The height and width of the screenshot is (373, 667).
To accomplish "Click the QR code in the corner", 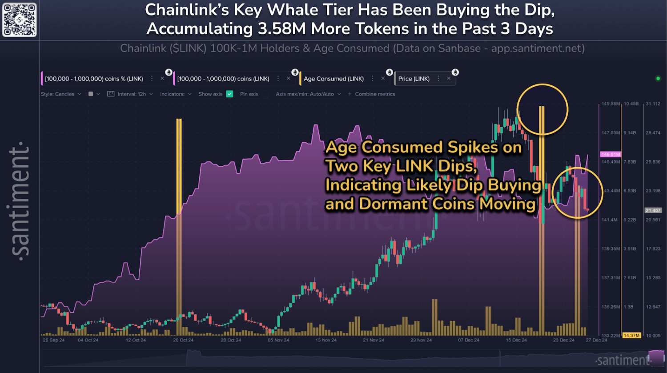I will pos(19,20).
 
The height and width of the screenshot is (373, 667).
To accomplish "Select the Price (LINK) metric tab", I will pos(414,79).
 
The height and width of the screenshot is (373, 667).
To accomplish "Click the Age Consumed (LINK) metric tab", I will pos(333,79).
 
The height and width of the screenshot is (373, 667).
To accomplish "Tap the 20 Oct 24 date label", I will pos(183,340).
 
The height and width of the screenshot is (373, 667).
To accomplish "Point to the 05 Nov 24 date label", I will pos(278,340).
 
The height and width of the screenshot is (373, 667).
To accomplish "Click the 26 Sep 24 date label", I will pos(53,340).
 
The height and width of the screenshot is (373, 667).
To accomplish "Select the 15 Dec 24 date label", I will pos(516,340).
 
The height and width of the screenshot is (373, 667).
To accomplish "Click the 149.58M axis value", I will pos(611,104).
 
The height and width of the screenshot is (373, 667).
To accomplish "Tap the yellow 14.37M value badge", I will pos(631,336).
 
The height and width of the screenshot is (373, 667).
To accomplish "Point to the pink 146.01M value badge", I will pos(611,155).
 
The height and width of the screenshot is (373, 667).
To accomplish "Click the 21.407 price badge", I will pos(653,210).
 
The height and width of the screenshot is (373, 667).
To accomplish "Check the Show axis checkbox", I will pos(229,94).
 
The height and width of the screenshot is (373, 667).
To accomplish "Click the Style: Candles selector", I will pos(61,94).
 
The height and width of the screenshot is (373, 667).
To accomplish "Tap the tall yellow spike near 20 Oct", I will pos(179,222).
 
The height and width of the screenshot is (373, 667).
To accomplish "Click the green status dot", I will pos(658,79).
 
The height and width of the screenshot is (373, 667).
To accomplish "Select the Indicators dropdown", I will pos(176,94).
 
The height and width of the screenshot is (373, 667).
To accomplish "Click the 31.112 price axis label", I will pos(653,104).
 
